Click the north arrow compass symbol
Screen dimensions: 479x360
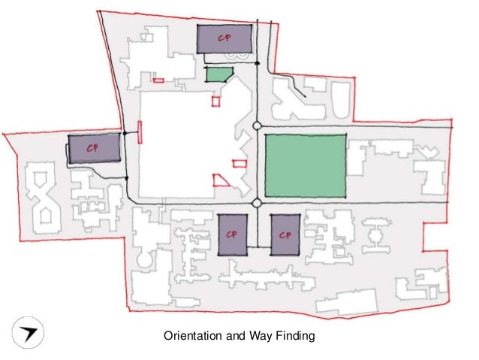tap(28, 332)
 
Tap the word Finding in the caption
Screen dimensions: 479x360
tap(296, 336)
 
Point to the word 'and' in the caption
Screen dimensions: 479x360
tap(236, 336)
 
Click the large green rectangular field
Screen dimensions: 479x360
tap(306, 165)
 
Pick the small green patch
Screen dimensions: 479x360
tap(218, 74)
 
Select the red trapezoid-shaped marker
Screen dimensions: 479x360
tap(221, 180)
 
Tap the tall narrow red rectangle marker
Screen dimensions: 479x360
tap(140, 132)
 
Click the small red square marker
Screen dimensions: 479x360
tap(215, 101)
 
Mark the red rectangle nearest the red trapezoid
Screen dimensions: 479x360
tap(239, 164)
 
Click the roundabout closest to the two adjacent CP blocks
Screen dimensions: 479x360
tap(257, 202)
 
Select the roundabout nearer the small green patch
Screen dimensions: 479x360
tap(257, 126)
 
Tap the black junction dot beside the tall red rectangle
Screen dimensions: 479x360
tap(125, 133)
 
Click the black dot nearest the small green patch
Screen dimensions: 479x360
tap(258, 63)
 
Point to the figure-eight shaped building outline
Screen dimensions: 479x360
tap(44, 198)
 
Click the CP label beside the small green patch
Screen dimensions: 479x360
tap(224, 38)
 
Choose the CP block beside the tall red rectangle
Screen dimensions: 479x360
tap(94, 149)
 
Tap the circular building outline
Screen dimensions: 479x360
tap(143, 260)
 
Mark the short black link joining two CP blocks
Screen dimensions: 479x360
tap(259, 247)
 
